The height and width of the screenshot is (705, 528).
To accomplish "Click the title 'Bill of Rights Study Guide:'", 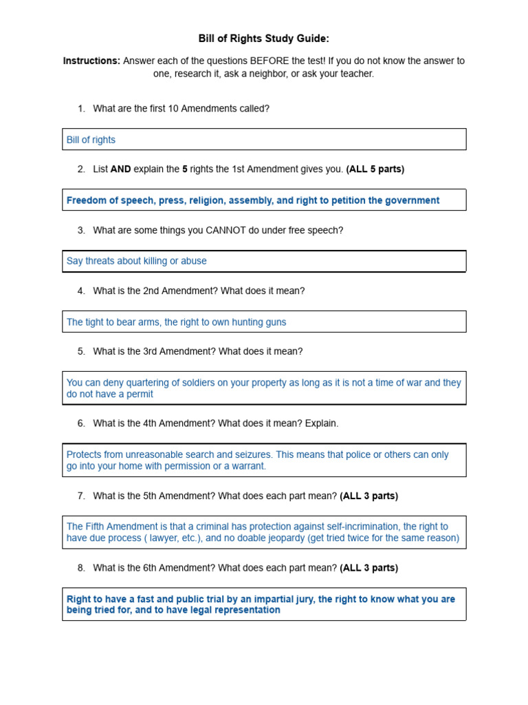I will (x=264, y=39).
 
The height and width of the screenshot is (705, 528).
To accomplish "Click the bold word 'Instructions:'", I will (x=91, y=61).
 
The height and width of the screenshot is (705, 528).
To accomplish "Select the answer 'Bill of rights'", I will (x=91, y=140).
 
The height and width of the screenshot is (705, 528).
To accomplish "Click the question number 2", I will (x=81, y=169).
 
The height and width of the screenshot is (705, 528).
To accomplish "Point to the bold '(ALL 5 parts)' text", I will (x=375, y=169).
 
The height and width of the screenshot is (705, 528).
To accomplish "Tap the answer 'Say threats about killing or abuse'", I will (x=136, y=261).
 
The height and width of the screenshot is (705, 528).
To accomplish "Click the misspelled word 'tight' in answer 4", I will (x=95, y=322).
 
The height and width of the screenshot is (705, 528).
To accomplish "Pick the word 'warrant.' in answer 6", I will (x=246, y=466).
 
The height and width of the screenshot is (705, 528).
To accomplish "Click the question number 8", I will (x=81, y=568).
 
